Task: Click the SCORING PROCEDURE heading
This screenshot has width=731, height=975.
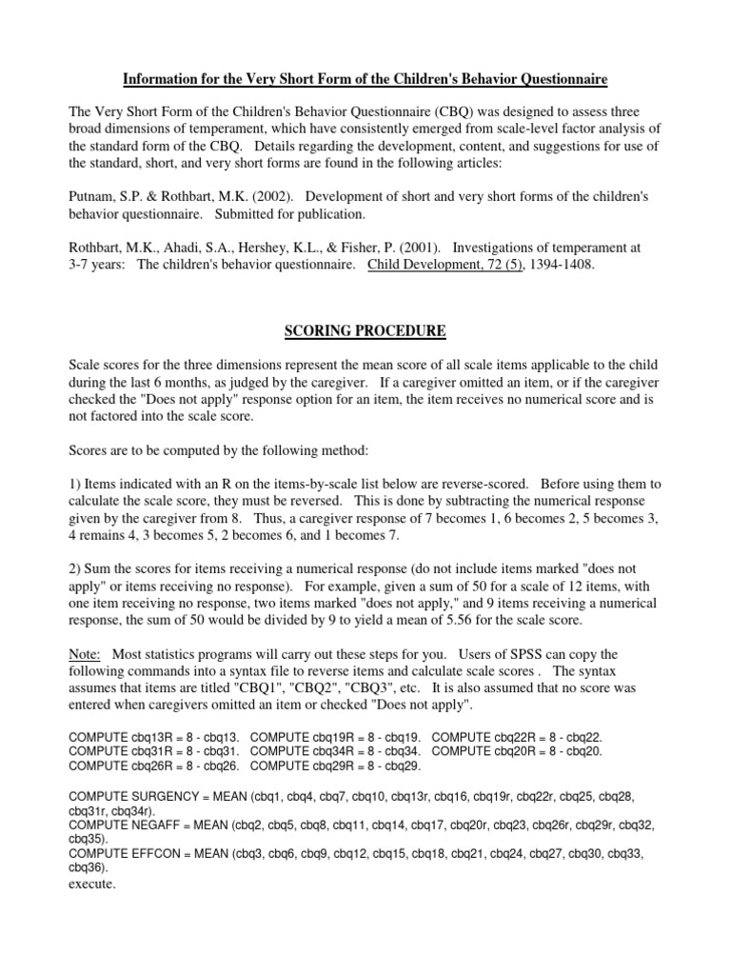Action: point(364,329)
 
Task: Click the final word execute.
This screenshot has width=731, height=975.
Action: point(92,883)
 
